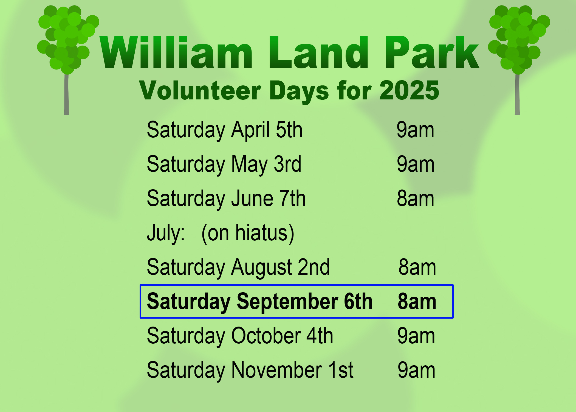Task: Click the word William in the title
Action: [176, 52]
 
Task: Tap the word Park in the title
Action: [432, 52]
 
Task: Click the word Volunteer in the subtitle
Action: [200, 90]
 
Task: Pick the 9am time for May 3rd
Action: [416, 164]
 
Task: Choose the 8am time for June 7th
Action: [416, 199]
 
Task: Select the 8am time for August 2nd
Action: [417, 267]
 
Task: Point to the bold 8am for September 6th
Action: [417, 302]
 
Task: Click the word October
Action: [266, 336]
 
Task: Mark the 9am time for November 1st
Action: [416, 370]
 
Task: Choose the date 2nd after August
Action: [314, 267]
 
